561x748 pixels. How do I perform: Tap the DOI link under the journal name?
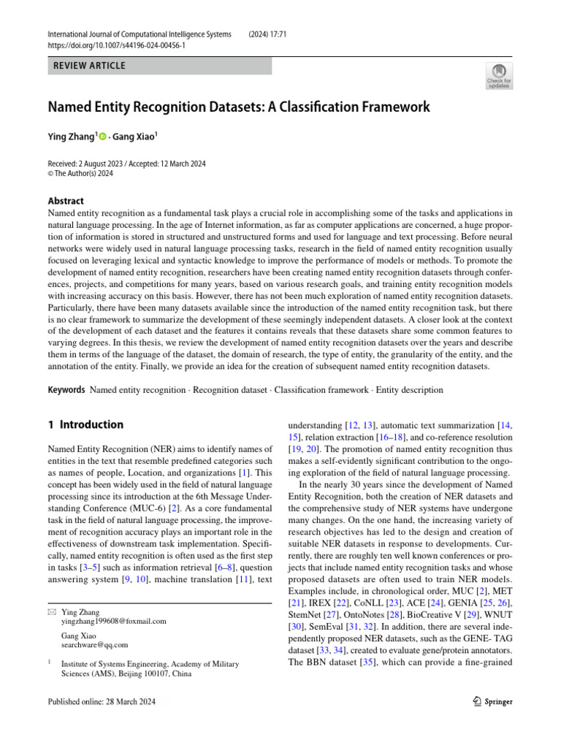click(116, 45)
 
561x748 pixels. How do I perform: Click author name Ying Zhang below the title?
click(72, 136)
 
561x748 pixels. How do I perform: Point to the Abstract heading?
click(66, 201)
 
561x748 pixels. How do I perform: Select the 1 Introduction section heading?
click(85, 424)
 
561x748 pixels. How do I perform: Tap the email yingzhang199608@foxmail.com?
click(114, 621)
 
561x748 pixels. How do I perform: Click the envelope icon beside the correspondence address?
click(51, 612)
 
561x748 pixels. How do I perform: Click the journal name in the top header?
click(140, 34)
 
